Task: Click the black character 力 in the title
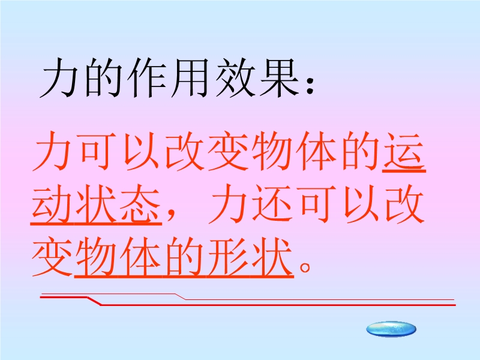coord(59,78)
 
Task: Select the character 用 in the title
coord(190,78)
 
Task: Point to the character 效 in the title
coord(235,78)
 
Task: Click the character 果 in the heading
coord(279,78)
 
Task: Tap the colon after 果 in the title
coord(310,86)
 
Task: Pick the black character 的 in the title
coord(103,78)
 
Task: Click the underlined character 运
coord(404,151)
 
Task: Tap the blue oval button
coord(391,329)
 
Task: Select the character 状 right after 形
coord(272,257)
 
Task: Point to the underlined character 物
coord(96,257)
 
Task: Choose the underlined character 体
coord(140,257)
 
